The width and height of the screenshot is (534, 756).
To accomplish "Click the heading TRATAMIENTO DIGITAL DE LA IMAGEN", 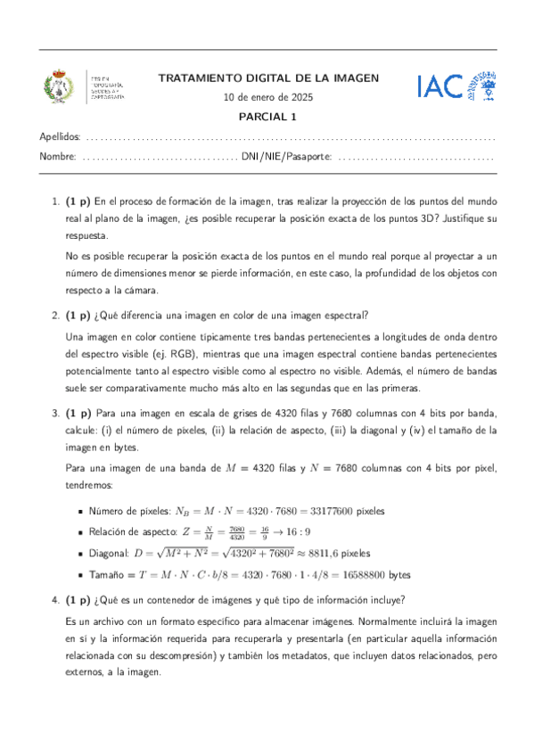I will (268, 78).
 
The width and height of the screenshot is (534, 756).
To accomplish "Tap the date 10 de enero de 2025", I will (268, 97).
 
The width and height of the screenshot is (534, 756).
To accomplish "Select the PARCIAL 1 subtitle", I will (267, 116).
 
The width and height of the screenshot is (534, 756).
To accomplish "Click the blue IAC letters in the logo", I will (439, 86).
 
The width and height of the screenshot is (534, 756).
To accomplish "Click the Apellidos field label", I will (60, 137).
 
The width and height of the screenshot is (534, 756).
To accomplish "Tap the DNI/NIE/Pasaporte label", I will (286, 157).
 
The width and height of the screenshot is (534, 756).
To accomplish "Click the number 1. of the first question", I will (55, 201).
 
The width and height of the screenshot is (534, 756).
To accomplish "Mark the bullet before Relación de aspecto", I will (80, 532).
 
